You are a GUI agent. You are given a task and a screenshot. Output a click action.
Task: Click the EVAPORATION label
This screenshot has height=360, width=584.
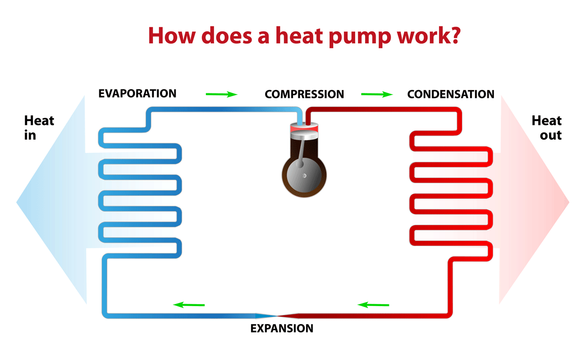137,93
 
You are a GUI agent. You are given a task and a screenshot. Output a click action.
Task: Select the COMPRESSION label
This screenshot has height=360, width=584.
304,94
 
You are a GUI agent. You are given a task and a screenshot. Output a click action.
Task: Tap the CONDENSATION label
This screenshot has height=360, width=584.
451,94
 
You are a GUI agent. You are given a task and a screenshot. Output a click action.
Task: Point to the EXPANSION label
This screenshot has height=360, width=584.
282,328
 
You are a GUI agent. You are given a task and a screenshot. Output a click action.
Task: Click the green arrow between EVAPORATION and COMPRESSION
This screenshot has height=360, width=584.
221,94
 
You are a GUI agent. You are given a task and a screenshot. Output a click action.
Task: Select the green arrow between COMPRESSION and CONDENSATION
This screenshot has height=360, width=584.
377,94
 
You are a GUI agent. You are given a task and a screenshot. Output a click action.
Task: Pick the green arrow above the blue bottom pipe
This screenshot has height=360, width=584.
189,305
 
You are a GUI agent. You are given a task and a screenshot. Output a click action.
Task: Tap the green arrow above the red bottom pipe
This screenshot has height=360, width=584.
373,305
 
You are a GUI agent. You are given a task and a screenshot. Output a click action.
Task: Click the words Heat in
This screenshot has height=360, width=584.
39,127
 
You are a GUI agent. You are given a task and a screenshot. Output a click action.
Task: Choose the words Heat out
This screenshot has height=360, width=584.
547,127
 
